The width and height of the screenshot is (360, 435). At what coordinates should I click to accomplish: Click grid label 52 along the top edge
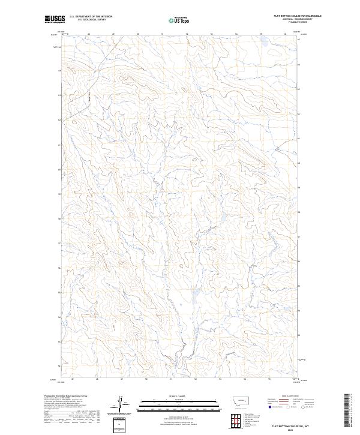tap(187, 34)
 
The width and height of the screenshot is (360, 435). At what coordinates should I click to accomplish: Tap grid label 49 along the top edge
tap(113, 34)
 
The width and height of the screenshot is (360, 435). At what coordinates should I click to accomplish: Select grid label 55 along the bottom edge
tap(269, 379)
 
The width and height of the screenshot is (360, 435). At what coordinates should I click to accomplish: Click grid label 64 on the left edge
tap(59, 71)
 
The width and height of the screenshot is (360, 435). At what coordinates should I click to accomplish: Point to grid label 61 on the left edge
tap(59, 145)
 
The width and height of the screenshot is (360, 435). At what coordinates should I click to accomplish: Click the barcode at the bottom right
tap(350, 411)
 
